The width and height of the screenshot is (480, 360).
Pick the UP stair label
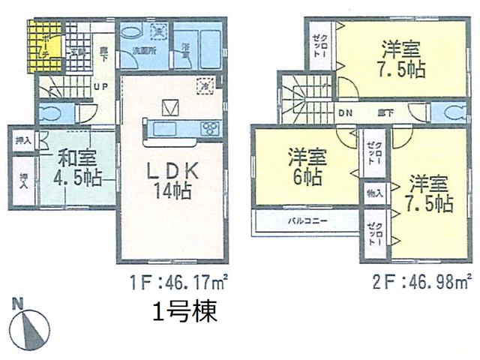(x=101, y=85)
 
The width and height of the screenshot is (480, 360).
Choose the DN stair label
(x=345, y=112)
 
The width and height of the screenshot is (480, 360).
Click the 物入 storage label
(x=374, y=193)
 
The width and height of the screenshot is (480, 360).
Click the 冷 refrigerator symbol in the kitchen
(x=204, y=85)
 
